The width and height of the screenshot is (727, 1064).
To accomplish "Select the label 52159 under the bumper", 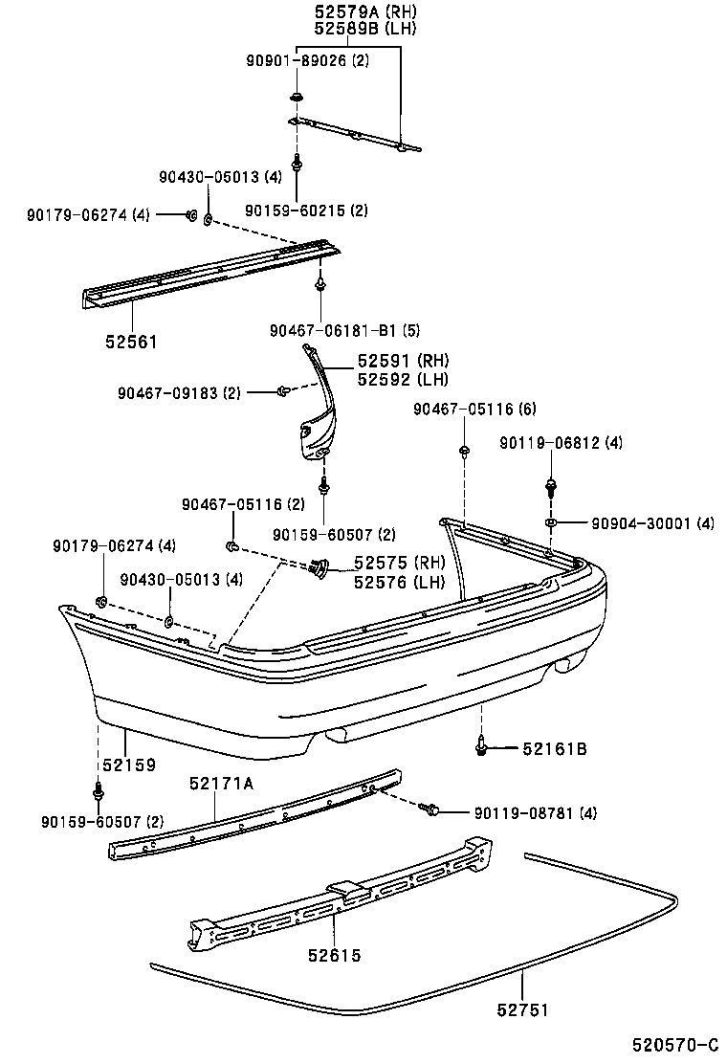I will click(x=129, y=765).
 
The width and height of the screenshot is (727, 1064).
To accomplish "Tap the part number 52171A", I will click(x=221, y=784).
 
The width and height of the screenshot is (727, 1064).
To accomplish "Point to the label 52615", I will click(x=335, y=954).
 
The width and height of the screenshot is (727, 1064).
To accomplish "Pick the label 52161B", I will click(x=556, y=748).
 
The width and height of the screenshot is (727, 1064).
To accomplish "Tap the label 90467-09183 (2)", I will click(x=180, y=392).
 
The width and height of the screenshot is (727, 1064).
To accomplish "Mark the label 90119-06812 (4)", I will click(x=561, y=443).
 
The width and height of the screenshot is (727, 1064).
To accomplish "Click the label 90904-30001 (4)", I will click(x=651, y=523).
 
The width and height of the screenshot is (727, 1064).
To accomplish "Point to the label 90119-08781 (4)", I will click(x=536, y=812).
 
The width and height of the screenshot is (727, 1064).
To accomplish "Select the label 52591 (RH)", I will click(x=402, y=361).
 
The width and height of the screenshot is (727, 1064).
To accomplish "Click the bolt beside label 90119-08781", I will click(x=431, y=810).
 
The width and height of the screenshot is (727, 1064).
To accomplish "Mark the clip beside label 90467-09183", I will click(x=284, y=390).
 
